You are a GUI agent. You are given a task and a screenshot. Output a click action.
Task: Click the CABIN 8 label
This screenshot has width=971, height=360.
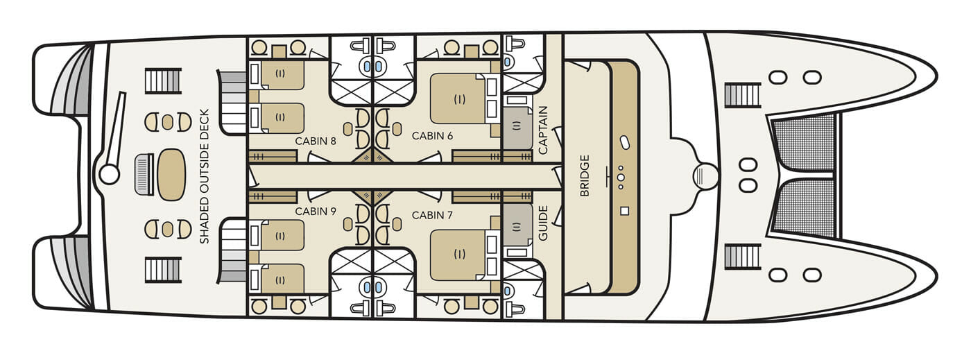tap(316, 141)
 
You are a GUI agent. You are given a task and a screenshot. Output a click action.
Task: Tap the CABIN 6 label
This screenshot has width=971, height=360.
tap(432, 136)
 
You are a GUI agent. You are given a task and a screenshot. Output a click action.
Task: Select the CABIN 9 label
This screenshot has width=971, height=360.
tap(316, 212)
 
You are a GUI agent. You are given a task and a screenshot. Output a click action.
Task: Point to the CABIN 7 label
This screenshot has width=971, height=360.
tap(432, 215)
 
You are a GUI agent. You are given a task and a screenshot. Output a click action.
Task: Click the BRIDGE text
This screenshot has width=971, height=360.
tap(585, 175)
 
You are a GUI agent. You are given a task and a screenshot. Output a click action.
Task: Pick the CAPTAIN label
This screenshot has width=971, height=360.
tap(543, 130)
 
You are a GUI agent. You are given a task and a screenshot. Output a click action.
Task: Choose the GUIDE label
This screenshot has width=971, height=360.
tap(543, 223)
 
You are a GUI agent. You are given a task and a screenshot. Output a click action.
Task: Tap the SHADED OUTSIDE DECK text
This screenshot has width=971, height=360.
tap(204, 176)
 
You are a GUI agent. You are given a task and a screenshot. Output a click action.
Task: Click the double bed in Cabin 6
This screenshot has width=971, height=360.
tap(458, 98)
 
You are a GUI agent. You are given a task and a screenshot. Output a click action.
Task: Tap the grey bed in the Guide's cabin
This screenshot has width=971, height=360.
tap(517, 225)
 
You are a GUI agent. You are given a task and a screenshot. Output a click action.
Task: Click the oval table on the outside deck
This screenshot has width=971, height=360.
tap(172, 175)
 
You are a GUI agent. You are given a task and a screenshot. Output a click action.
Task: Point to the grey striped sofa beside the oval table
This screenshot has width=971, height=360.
tap(144, 174)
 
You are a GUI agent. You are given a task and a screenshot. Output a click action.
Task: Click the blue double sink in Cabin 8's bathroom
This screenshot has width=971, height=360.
tap(373, 67)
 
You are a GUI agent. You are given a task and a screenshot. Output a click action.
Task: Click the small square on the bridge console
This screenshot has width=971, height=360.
tap(624, 211)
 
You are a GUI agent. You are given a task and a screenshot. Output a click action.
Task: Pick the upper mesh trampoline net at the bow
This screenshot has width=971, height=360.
tap(803, 142)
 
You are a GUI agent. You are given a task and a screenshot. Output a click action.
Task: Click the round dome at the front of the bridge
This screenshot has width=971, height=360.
tap(705, 176)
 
